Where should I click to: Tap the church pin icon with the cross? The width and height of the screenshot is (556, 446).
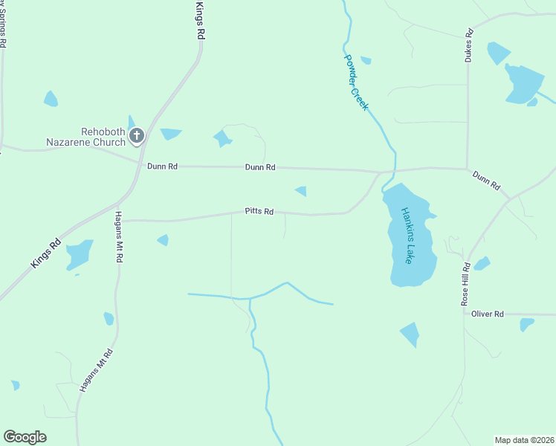click(x=137, y=135)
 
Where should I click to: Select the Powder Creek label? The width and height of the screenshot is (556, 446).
click(x=356, y=83)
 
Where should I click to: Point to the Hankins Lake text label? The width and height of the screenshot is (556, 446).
click(x=407, y=235)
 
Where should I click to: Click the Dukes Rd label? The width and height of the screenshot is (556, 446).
click(x=469, y=45)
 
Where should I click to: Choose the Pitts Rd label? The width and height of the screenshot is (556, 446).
click(x=259, y=212)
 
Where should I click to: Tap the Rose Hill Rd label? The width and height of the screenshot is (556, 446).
click(x=466, y=285)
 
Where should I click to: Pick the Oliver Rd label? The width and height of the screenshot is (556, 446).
click(x=488, y=314)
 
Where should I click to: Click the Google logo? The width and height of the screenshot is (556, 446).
click(x=25, y=436)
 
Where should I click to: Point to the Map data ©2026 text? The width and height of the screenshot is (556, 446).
click(x=523, y=439)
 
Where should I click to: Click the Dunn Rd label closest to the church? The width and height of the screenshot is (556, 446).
click(x=162, y=167)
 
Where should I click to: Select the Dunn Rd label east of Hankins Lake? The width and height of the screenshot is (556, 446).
click(x=487, y=181)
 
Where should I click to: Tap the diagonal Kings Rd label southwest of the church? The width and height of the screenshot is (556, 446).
click(x=45, y=253)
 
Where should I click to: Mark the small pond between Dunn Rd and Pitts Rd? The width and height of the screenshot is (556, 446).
click(x=301, y=191)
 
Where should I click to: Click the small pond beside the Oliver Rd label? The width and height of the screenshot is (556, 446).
click(x=526, y=324)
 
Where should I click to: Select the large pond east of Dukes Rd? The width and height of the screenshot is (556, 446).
click(x=523, y=84)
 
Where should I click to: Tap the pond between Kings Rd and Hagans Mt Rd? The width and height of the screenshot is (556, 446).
click(x=80, y=254)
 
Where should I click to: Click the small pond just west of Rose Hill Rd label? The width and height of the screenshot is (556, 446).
click(x=482, y=263)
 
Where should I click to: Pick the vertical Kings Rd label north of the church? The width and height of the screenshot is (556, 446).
click(x=199, y=20)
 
